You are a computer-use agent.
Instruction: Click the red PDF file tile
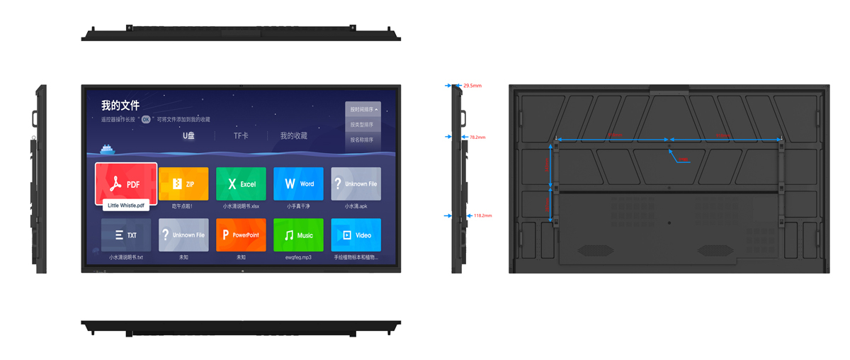pos(126,183)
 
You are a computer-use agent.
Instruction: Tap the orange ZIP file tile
pos(183,184)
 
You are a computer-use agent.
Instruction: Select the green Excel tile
pos(241,184)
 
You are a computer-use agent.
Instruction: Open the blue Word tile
pos(298,184)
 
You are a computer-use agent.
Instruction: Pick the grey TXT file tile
pos(126,235)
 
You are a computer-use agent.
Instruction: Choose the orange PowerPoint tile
pos(241,235)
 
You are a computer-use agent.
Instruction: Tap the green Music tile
pos(298,235)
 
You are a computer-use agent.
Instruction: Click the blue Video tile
pos(356,235)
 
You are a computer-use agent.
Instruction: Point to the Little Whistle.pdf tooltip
pos(126,206)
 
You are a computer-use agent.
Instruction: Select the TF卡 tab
pos(241,135)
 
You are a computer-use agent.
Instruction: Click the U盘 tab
pos(188,135)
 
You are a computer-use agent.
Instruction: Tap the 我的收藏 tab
pos(293,135)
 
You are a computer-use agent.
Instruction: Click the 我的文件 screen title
pos(120,106)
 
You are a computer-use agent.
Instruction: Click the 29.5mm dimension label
pos(472,86)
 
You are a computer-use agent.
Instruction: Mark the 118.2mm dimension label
pos(482,215)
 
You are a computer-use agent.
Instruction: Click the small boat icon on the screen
pos(107,149)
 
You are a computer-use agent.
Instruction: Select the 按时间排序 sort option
pos(363,110)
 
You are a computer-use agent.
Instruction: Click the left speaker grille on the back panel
pos(596,250)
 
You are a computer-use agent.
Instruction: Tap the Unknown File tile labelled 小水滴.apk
pos(356,184)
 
